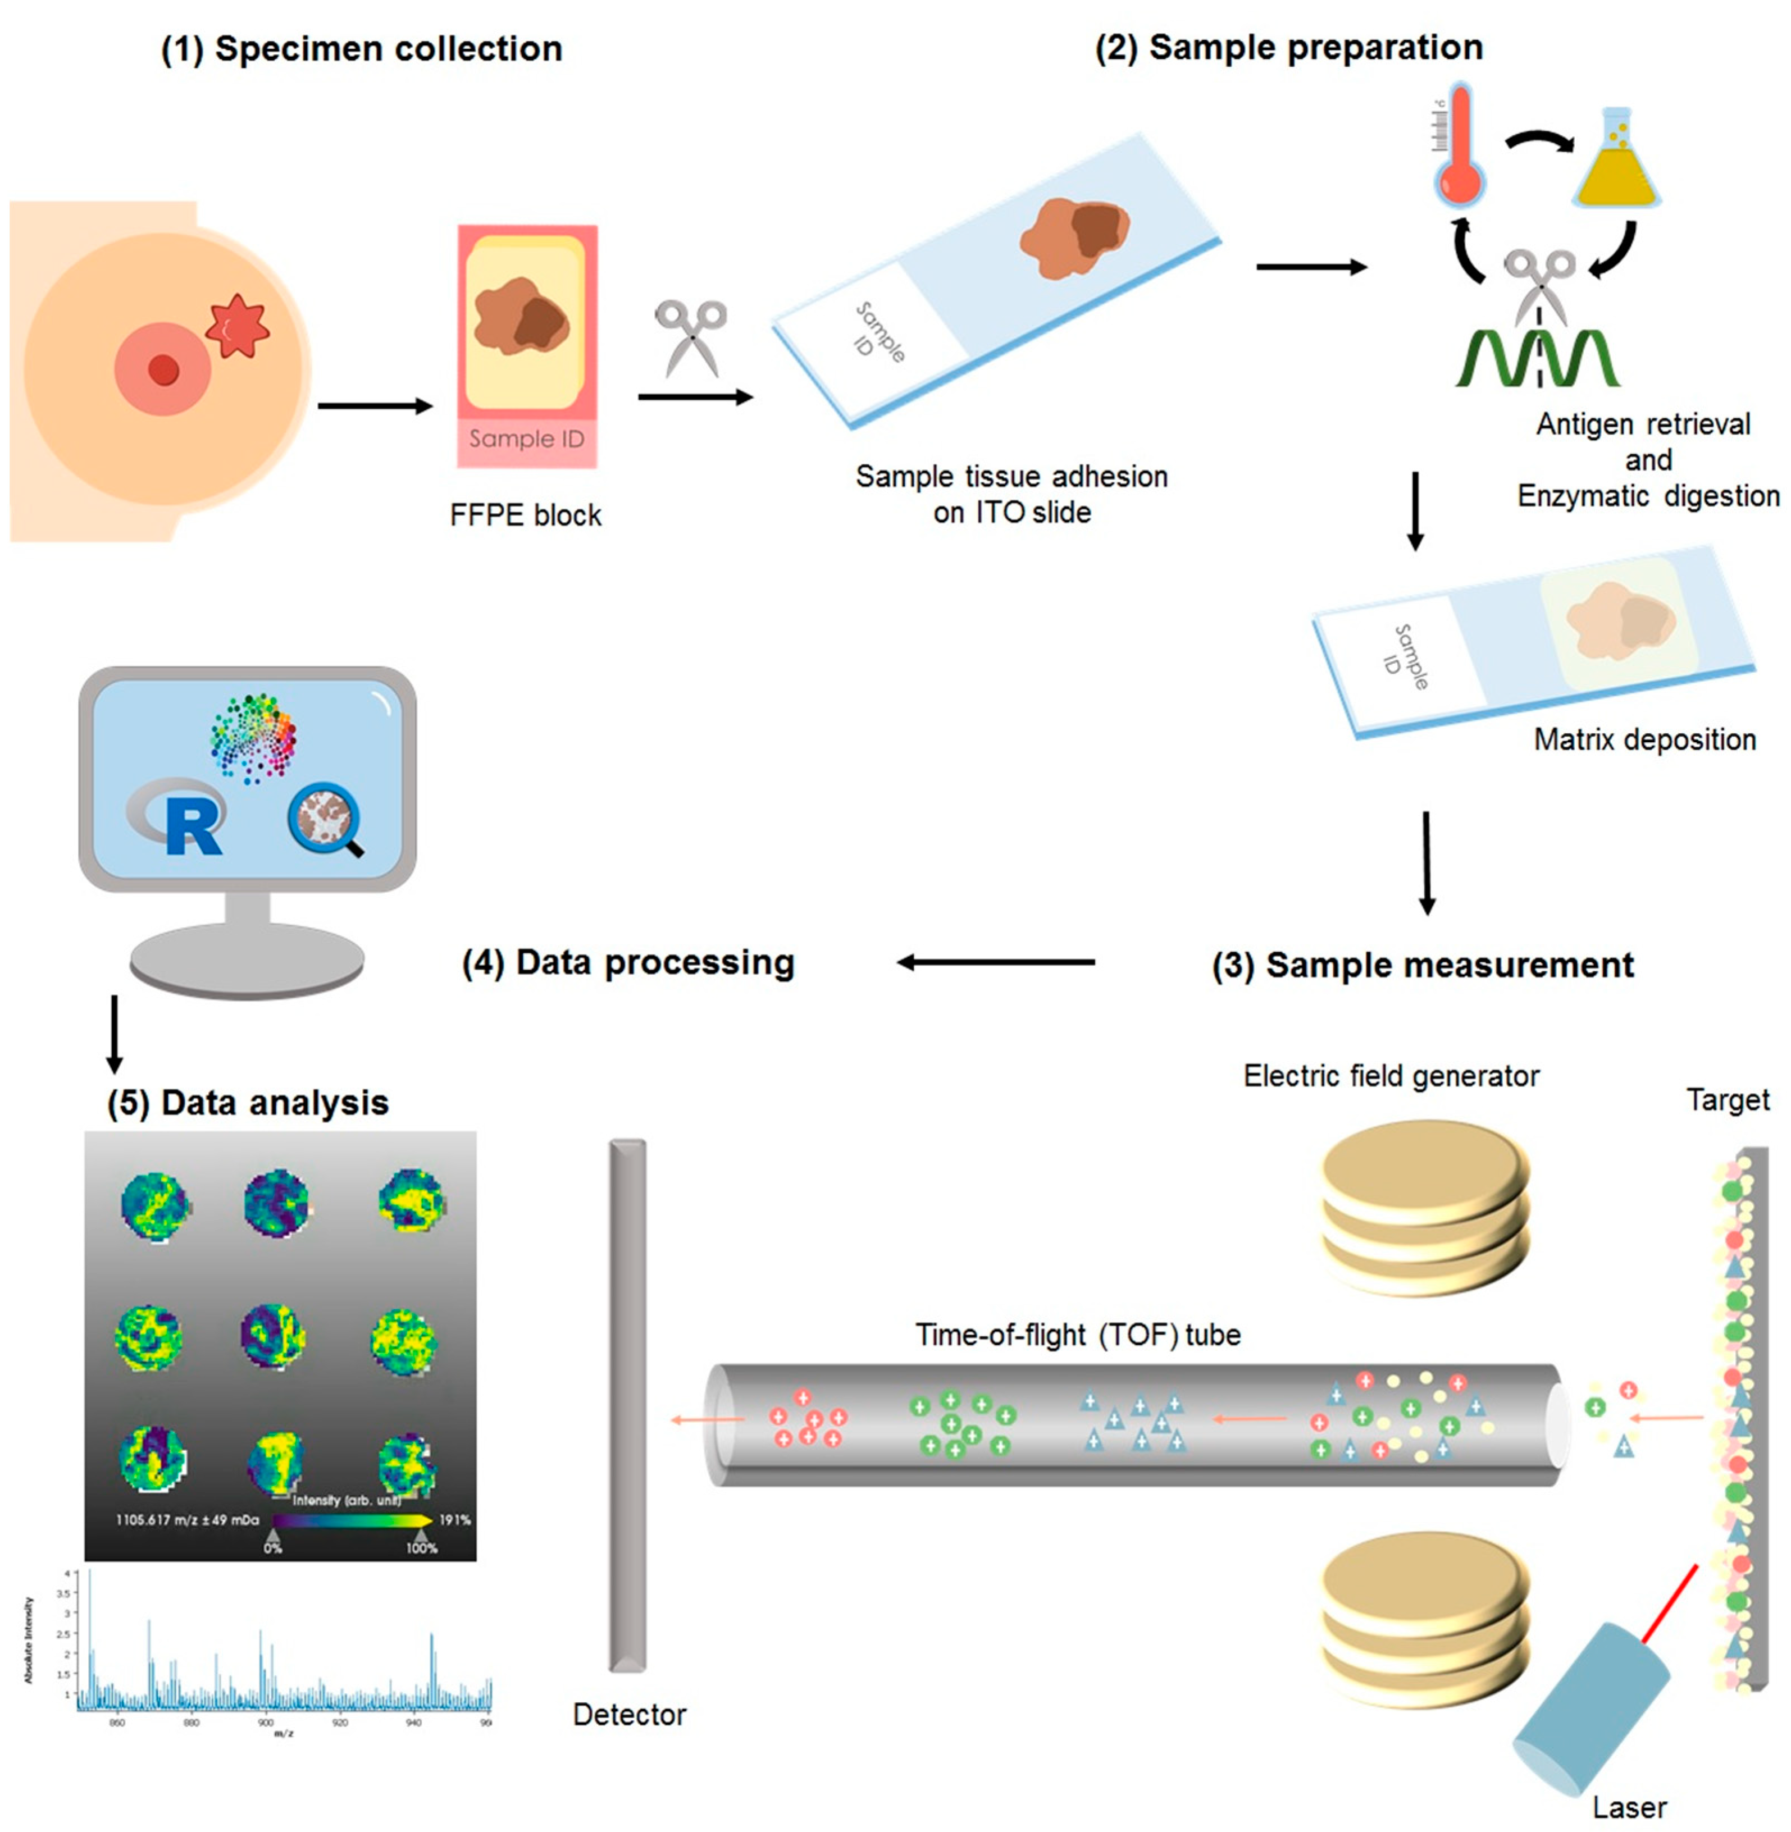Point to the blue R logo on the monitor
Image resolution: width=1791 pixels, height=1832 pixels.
click(191, 821)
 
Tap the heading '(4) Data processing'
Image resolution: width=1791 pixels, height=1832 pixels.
click(628, 963)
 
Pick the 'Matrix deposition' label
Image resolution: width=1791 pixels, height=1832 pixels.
click(1644, 739)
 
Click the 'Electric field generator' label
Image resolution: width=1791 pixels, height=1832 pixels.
click(1391, 1076)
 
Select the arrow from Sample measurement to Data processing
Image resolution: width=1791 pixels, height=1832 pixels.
click(995, 962)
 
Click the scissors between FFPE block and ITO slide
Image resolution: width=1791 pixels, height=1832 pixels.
click(691, 336)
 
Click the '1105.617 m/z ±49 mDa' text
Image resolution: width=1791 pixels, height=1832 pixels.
click(187, 1520)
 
